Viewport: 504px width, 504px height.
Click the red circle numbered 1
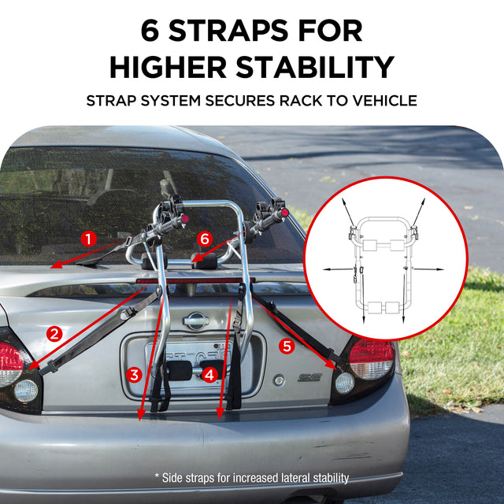point(89,239)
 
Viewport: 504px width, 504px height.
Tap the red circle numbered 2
point(54,334)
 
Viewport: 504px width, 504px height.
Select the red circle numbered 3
point(134,375)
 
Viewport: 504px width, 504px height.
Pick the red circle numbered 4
point(209,375)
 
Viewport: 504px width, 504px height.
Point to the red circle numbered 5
point(287,346)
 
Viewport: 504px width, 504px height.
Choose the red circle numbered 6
point(205,239)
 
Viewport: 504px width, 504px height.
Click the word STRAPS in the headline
point(228,31)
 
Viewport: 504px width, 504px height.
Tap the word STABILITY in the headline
point(315,67)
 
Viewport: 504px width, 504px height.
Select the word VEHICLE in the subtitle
point(385,101)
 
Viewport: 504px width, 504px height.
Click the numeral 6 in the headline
point(150,31)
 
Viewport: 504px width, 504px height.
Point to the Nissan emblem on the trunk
point(196,321)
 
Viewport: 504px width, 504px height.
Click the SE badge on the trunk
point(309,377)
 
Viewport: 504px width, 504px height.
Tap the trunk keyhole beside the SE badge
point(279,380)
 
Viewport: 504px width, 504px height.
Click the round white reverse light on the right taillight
point(345,384)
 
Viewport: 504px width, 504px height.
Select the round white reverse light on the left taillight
point(26,391)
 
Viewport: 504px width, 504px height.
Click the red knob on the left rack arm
point(184,219)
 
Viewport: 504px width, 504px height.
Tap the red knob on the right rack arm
point(285,212)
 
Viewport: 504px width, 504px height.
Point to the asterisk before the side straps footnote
point(157,476)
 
